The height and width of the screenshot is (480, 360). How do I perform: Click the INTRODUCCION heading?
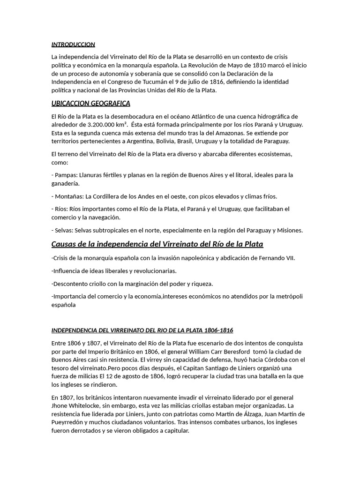point(73,45)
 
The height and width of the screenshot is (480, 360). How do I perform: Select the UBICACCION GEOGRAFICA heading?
point(90,103)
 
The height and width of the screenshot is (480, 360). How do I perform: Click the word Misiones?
point(287,230)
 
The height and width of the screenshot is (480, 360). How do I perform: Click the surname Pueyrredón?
point(70,422)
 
